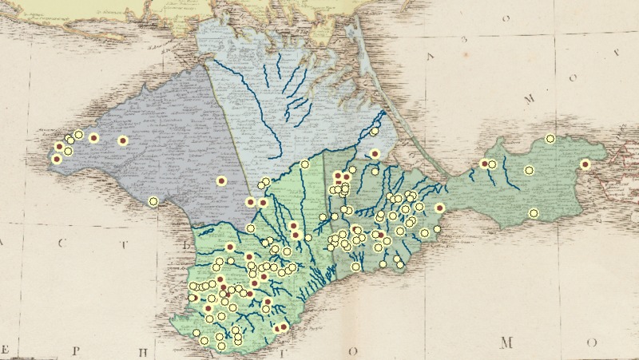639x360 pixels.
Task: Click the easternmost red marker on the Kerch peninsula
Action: click(x=585, y=164)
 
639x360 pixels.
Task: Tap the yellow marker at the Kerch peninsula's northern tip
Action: click(x=550, y=139)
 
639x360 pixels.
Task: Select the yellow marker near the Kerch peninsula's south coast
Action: click(x=534, y=213)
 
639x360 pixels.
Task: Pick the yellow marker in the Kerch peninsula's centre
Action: click(x=529, y=170)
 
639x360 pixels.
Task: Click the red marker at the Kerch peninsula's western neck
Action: click(x=484, y=164)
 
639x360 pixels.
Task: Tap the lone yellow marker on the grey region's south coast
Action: click(x=153, y=201)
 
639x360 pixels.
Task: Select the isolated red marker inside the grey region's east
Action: click(x=220, y=181)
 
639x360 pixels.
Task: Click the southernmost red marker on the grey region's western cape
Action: click(x=57, y=159)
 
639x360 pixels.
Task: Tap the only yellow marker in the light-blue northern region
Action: click(x=374, y=131)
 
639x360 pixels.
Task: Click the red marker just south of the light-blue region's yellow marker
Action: click(x=375, y=154)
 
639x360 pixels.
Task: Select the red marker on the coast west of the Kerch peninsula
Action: click(x=439, y=208)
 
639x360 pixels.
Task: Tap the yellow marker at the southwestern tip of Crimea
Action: click(x=196, y=332)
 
